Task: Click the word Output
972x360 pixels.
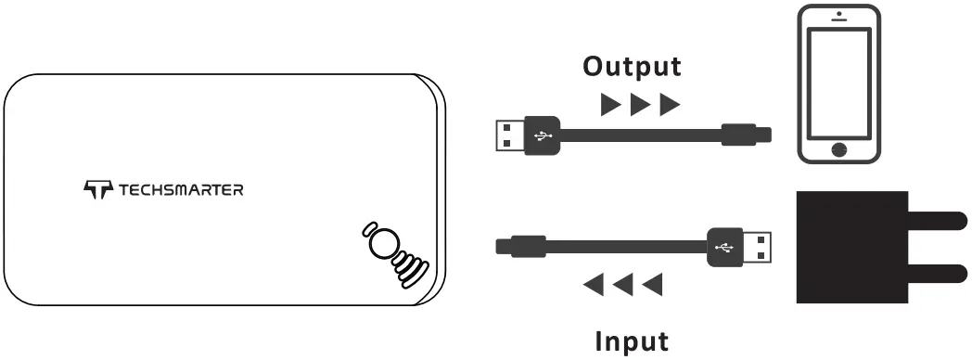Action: click(x=631, y=67)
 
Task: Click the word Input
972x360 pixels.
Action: click(x=631, y=341)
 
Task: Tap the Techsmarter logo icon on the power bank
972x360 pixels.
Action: click(x=96, y=190)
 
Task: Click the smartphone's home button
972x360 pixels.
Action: click(x=840, y=148)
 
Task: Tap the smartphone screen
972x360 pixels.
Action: click(x=840, y=82)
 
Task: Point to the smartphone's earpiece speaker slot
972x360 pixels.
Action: click(x=840, y=22)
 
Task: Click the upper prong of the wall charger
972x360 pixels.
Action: click(x=936, y=221)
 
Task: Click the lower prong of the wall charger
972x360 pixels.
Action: click(x=936, y=272)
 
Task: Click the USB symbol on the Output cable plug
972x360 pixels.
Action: click(x=542, y=135)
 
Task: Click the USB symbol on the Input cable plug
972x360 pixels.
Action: click(x=724, y=247)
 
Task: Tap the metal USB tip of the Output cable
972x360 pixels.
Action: click(x=508, y=135)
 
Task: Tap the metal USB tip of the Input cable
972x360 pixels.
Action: click(x=758, y=247)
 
